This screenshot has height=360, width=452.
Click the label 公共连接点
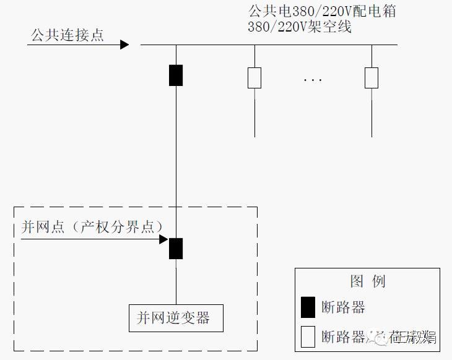pyautogui.click(x=67, y=35)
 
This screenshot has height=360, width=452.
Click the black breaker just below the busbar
pyautogui.click(x=176, y=75)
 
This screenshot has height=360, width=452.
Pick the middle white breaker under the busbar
pyautogui.click(x=254, y=78)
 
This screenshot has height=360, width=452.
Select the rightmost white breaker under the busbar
pyautogui.click(x=371, y=78)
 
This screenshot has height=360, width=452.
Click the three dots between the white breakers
pyautogui.click(x=313, y=80)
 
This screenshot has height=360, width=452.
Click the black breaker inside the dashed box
pyautogui.click(x=176, y=248)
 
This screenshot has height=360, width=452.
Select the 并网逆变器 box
pyautogui.click(x=175, y=318)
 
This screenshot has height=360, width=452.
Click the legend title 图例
pyautogui.click(x=367, y=281)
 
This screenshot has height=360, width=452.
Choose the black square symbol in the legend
pyautogui.click(x=308, y=307)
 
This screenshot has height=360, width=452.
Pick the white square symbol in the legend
pyautogui.click(x=308, y=336)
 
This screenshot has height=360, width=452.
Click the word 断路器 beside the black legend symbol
pyautogui.click(x=343, y=307)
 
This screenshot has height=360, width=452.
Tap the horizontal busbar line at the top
pyautogui.click(x=279, y=45)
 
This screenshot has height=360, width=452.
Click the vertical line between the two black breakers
pyautogui.click(x=176, y=161)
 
